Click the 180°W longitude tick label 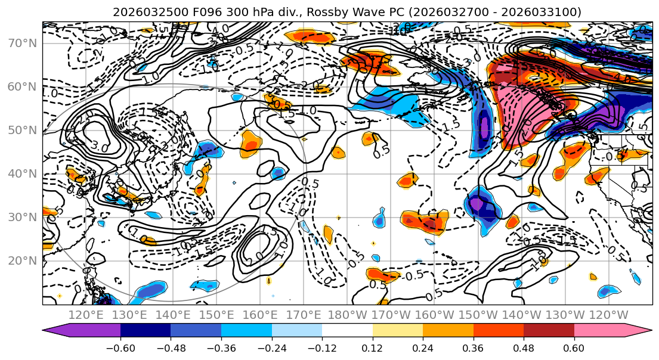348,315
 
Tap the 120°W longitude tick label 609,315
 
